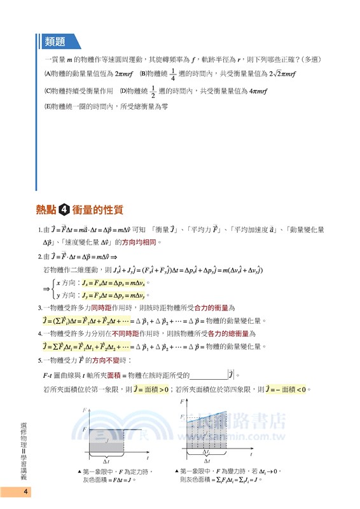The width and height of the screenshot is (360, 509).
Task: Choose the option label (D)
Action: click(124, 92)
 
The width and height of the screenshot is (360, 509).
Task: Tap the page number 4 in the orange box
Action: click(25, 492)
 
